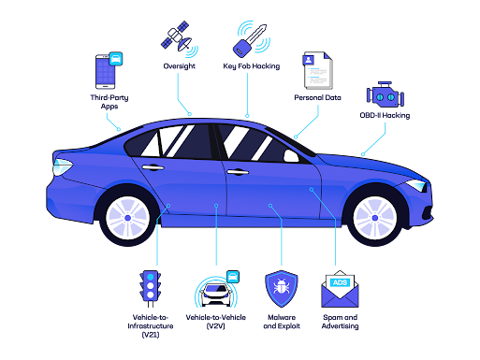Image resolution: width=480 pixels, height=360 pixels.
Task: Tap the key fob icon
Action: click(250, 39)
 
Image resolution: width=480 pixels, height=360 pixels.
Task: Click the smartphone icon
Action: click(107, 70)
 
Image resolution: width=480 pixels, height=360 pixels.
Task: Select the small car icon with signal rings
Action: click(216, 292)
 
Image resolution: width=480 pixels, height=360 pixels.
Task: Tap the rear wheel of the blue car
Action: click(127, 217)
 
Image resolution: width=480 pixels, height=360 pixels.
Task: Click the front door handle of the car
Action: click(237, 172)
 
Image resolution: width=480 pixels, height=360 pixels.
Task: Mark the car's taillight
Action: click(62, 167)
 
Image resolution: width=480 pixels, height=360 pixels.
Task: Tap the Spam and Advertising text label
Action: click(341, 322)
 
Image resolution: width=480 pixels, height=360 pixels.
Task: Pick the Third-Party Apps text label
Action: click(109, 102)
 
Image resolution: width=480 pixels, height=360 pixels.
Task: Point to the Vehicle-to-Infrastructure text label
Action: click(150, 326)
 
